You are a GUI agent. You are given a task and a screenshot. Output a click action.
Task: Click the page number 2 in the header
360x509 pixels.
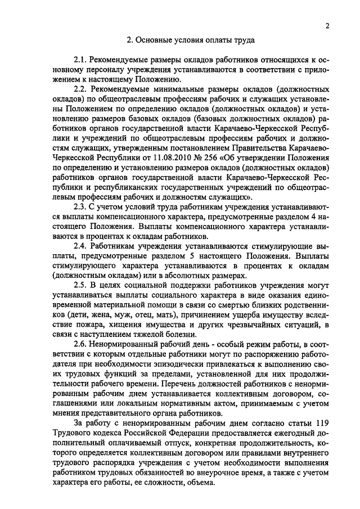click(x=326, y=26)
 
